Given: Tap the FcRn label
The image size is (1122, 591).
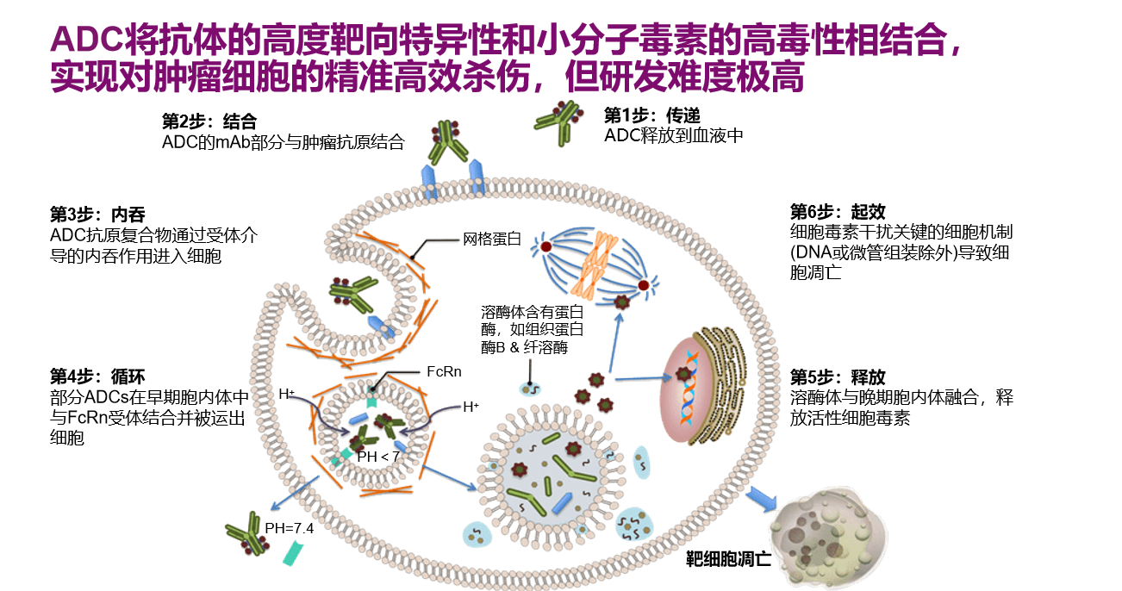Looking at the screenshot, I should point(444,371).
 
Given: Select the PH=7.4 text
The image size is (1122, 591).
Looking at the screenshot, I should point(289,528).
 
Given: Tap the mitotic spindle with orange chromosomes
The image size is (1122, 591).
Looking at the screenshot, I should point(595,259).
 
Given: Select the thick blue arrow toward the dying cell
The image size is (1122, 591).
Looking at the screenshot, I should point(761,499).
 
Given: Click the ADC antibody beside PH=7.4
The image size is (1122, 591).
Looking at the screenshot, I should point(246,534).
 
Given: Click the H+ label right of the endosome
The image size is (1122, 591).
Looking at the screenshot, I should point(471,406).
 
